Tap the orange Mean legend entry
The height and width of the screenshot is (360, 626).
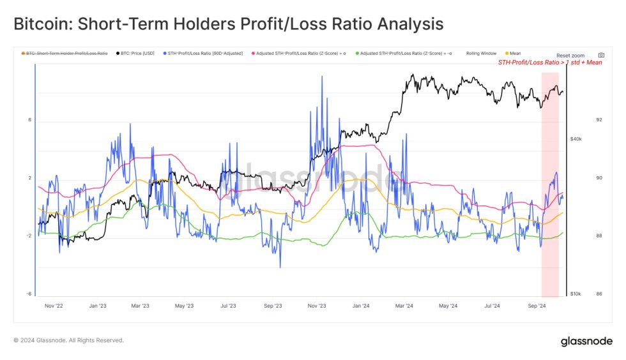514,54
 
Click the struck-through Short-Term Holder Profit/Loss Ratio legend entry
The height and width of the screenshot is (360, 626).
66,54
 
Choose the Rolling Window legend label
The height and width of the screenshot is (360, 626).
481,54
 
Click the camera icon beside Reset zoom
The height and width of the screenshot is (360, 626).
601,56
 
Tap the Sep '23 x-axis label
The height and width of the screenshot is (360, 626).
272,306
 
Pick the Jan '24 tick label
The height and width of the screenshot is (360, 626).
362,306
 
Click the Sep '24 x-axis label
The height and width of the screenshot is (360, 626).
537,306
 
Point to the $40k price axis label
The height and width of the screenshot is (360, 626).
576,139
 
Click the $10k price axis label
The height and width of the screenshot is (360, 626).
576,294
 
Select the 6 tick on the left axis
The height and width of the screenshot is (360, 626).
29,120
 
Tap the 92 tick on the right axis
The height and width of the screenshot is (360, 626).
581,120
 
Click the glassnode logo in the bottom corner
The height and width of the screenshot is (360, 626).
586,341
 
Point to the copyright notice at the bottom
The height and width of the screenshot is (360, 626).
69,340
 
